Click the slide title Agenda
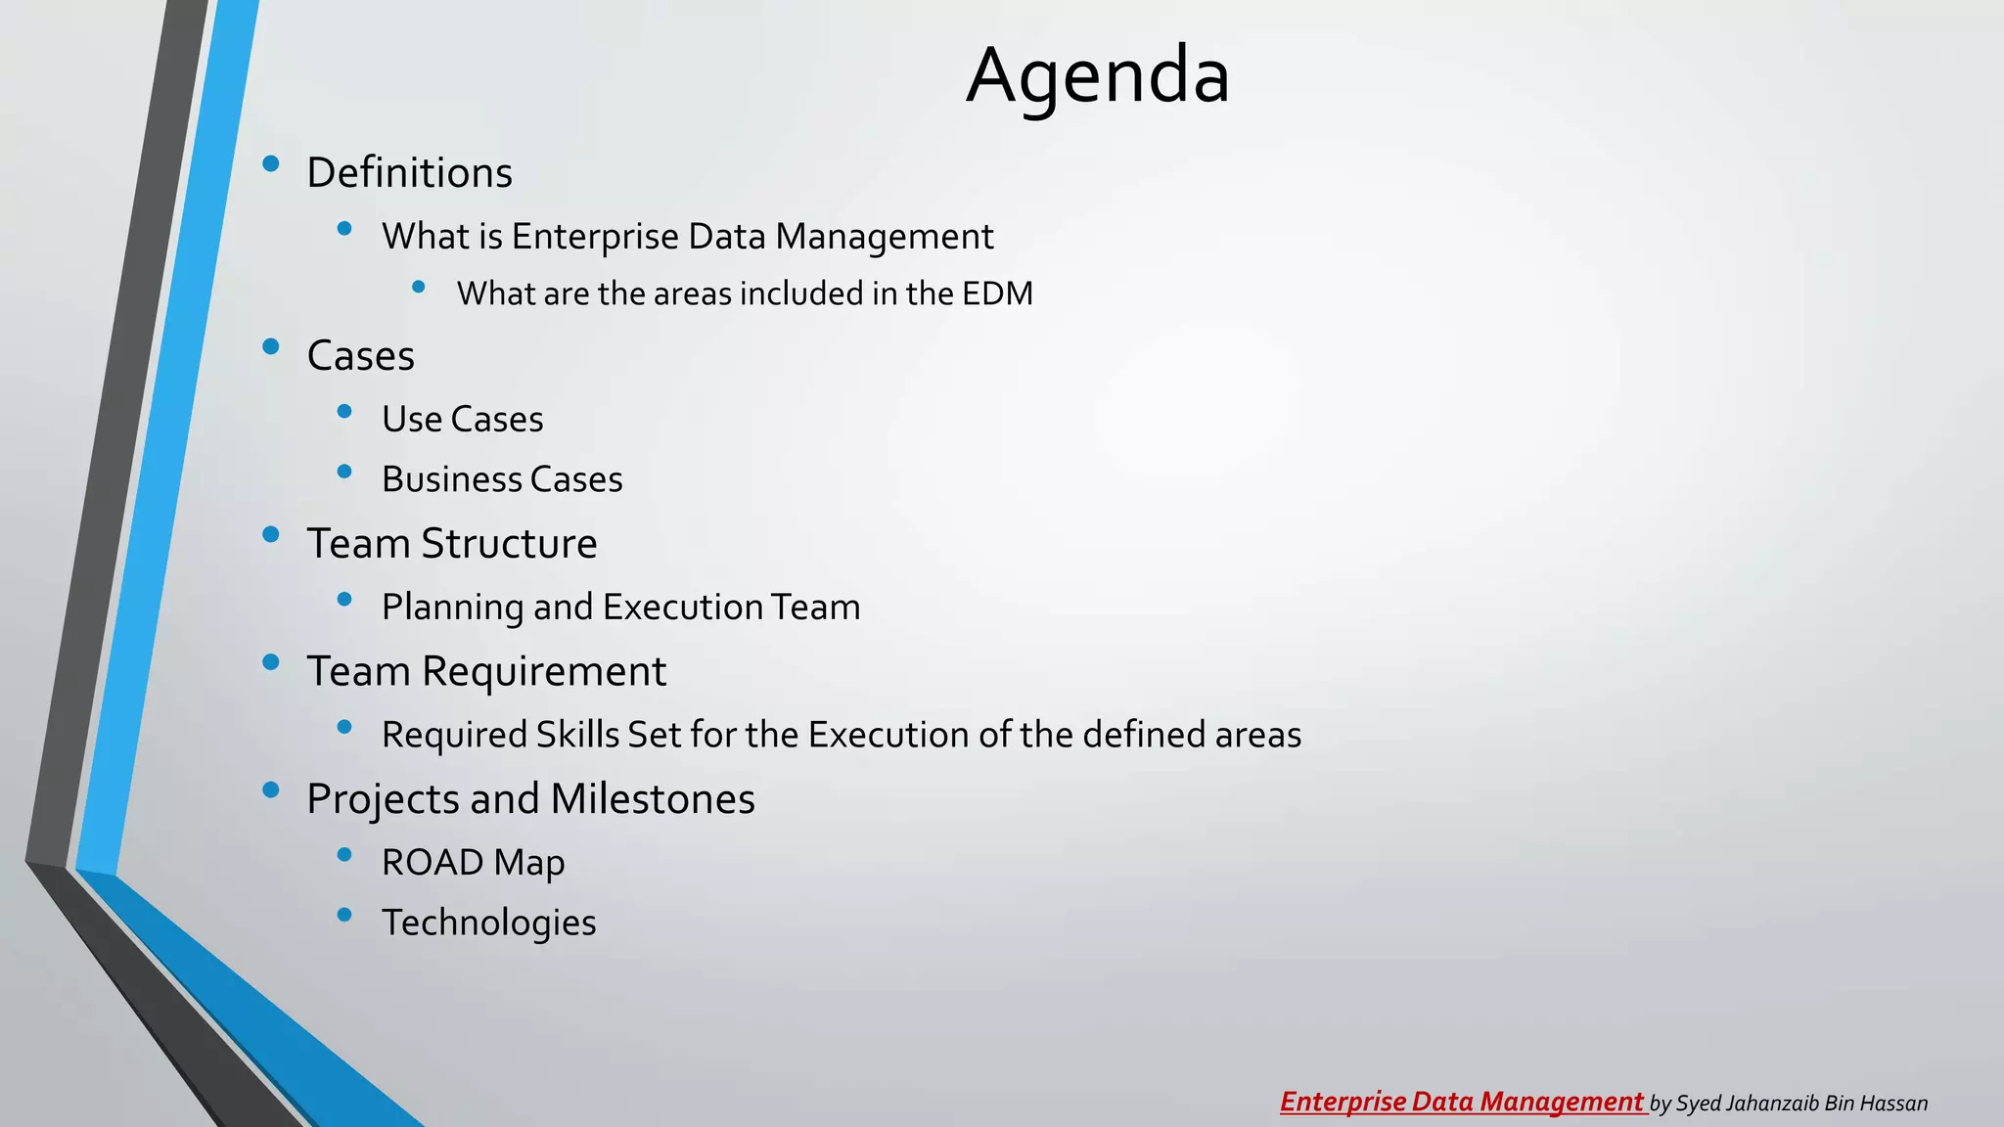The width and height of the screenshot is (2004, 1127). (1097, 76)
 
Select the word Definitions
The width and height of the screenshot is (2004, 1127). (409, 173)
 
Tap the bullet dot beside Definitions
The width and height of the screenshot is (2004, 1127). (271, 163)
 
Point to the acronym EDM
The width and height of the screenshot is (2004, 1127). (997, 293)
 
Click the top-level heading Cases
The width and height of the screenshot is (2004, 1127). (360, 356)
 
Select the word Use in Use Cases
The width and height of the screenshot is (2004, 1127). (412, 420)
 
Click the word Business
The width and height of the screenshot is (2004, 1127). (452, 479)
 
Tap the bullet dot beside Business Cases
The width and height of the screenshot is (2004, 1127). (343, 472)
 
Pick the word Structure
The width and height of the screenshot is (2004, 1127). (509, 544)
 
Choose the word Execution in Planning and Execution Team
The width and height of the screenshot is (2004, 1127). (682, 608)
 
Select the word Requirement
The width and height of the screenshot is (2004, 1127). (544, 672)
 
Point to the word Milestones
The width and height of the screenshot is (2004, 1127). (653, 799)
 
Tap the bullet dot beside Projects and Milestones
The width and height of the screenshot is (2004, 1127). (271, 789)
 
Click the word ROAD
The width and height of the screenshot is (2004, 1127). (433, 863)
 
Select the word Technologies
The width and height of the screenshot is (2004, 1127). (488, 923)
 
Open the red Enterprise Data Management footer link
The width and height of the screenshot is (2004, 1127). (1462, 1103)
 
